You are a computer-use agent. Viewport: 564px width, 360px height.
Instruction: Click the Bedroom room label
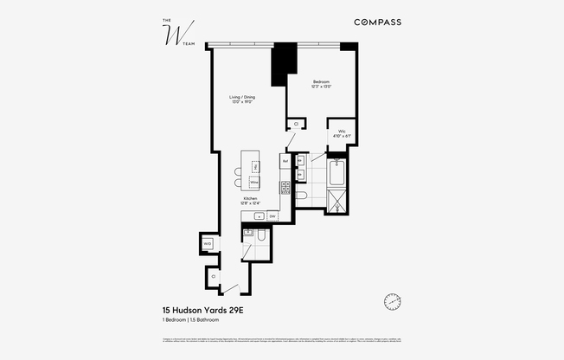tap(322, 84)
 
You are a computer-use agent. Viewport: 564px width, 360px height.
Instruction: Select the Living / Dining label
tap(242, 100)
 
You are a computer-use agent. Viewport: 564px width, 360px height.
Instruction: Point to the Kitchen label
tap(251, 201)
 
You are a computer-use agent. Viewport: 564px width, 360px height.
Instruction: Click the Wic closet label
tap(342, 133)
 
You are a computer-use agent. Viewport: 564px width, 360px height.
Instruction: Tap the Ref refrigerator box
tap(285, 161)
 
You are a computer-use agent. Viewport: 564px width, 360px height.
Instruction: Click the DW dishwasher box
tap(272, 215)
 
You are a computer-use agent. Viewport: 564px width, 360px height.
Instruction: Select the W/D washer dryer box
tap(208, 244)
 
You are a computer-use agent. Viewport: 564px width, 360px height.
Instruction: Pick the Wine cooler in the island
tap(254, 183)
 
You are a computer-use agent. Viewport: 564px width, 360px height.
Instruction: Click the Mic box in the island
tap(254, 164)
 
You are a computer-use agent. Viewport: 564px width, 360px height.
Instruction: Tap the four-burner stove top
tap(285, 187)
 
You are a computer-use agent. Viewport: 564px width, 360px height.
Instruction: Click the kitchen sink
tap(258, 215)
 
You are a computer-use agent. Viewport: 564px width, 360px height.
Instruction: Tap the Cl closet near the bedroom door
tap(296, 125)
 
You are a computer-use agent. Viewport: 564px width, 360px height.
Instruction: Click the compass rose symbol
tap(392, 301)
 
